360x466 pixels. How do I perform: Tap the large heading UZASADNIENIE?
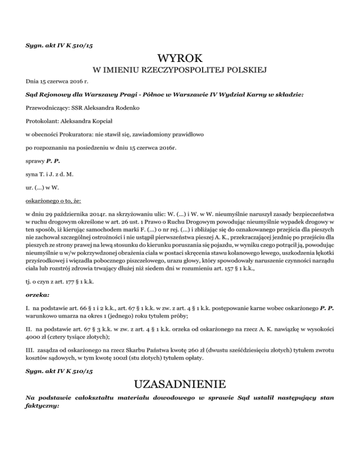180,385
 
